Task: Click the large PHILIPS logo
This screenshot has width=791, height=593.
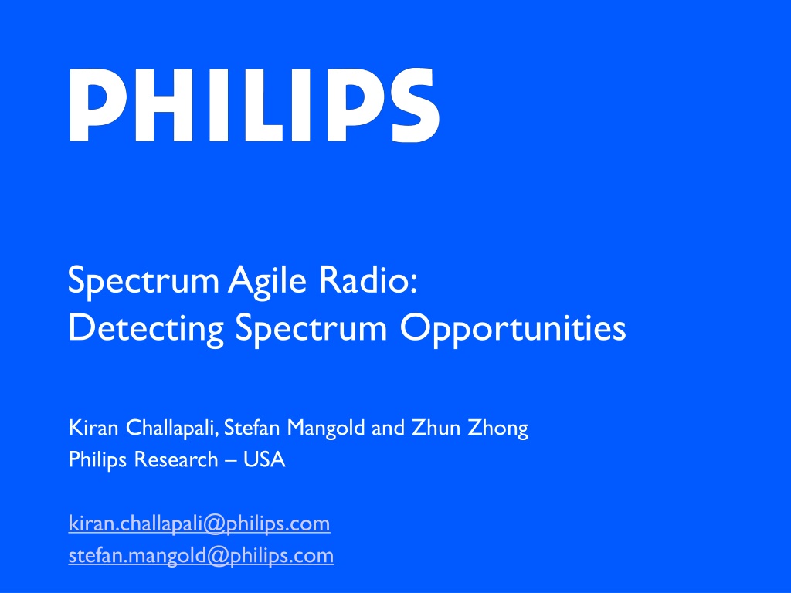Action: click(x=254, y=105)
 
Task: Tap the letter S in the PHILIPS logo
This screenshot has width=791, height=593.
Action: click(x=415, y=105)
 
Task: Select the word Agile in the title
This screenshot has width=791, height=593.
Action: click(x=266, y=282)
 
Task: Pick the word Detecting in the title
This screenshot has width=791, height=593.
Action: click(x=146, y=330)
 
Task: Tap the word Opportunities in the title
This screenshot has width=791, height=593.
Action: click(x=513, y=330)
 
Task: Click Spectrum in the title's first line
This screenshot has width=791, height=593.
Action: click(x=144, y=282)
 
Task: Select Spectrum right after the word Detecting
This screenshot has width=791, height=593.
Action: click(x=311, y=330)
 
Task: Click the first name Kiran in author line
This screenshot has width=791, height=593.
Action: click(x=93, y=428)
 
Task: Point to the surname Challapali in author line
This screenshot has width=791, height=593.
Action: click(x=172, y=429)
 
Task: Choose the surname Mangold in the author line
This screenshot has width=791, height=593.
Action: click(x=326, y=429)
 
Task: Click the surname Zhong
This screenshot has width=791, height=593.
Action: click(x=498, y=429)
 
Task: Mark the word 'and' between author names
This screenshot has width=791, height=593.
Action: click(x=389, y=428)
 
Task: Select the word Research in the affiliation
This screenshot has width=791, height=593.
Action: click(x=176, y=459)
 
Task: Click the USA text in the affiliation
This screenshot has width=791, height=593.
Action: click(x=264, y=459)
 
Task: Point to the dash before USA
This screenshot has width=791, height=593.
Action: click(x=231, y=461)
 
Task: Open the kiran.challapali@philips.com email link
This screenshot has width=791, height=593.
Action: click(x=199, y=524)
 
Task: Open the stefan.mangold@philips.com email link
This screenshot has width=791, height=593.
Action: click(x=202, y=556)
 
